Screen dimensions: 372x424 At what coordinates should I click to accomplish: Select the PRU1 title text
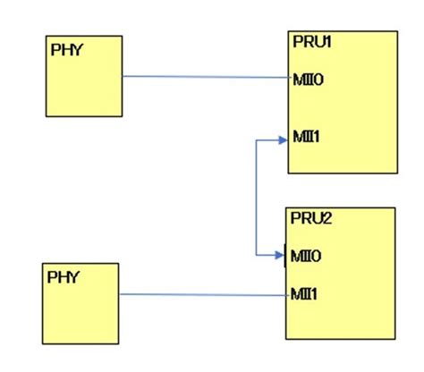coord(311,42)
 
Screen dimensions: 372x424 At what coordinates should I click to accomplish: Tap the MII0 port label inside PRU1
coord(307,80)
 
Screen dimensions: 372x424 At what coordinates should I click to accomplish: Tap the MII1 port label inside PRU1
coord(307,137)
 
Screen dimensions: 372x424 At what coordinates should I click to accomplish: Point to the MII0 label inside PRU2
coord(305,257)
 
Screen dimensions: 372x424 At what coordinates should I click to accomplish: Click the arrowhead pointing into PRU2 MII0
coord(280,256)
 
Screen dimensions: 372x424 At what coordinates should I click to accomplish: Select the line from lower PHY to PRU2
coord(201,294)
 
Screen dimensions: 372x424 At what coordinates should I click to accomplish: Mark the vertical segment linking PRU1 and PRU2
coord(257,197)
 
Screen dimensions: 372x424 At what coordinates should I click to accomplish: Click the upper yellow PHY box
coord(84,89)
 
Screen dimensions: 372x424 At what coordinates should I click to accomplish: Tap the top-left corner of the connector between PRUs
coord(257,139)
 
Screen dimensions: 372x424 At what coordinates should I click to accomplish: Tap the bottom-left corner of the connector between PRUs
coord(257,256)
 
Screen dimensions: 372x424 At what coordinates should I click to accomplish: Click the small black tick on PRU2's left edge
coord(285,257)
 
